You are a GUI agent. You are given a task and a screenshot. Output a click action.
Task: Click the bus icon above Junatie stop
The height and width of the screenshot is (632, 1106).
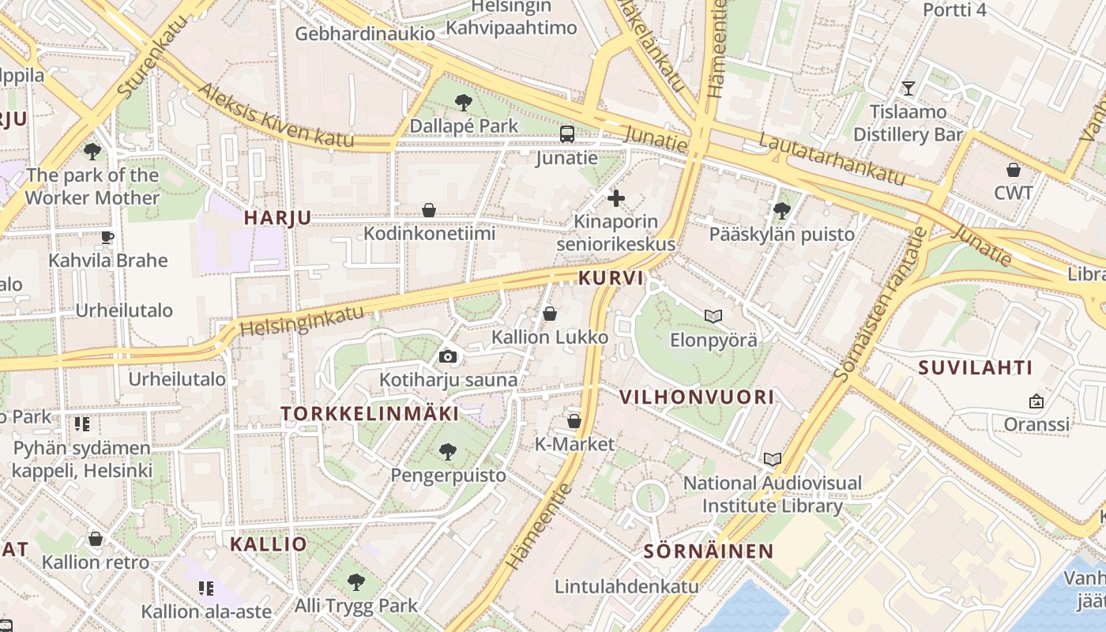(567, 134)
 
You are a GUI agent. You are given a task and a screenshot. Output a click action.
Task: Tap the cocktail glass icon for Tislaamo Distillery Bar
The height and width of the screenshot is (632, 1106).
(908, 88)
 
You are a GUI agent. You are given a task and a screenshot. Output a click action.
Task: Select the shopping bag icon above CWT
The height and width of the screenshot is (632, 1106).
(1014, 169)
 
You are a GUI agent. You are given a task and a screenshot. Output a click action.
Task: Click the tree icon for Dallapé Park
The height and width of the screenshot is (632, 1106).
(464, 102)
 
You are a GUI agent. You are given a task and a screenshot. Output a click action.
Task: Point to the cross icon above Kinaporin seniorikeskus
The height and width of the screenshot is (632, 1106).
(616, 197)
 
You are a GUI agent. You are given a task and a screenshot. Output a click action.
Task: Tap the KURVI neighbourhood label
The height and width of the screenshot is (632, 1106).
(611, 279)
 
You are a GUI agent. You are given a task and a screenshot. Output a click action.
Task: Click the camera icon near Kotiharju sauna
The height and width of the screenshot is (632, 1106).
(448, 356)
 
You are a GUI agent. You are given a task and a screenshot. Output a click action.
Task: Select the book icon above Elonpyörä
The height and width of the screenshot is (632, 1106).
(713, 317)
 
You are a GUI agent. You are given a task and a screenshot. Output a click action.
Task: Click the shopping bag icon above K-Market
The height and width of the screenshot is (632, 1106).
(574, 421)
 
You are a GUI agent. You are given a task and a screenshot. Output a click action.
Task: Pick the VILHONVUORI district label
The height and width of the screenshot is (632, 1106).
(697, 397)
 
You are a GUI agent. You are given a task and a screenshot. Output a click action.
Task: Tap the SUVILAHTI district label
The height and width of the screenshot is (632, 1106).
(976, 367)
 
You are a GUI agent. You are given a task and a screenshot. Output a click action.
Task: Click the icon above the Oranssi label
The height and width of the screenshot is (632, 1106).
(1036, 401)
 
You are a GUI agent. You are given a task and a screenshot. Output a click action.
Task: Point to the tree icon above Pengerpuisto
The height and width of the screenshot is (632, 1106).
(448, 452)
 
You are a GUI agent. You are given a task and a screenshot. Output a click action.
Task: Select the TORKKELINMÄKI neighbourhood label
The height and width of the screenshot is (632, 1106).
(370, 414)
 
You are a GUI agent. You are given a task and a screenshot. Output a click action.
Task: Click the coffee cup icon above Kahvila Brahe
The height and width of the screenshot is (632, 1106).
(108, 237)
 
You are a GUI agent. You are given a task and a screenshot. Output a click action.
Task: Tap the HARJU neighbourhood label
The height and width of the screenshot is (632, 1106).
(277, 218)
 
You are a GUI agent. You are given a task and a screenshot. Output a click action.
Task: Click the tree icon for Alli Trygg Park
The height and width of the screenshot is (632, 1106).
(356, 582)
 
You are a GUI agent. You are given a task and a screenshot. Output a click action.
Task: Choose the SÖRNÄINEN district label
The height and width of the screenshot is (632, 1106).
(708, 551)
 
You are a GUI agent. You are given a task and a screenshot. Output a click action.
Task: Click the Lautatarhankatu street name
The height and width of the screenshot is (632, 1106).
(831, 160)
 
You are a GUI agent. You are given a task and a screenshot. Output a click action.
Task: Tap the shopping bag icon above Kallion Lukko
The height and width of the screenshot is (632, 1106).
(550, 314)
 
